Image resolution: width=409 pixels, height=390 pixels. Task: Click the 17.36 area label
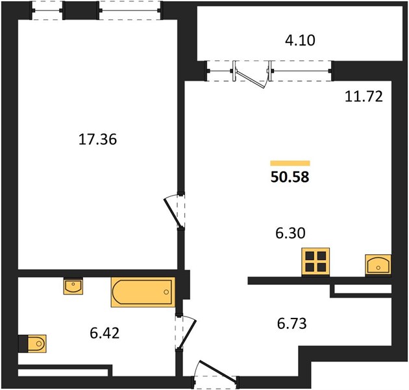pos(97,139)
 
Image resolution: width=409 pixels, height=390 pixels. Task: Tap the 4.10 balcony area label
pos(300,40)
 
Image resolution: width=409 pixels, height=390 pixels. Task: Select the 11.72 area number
pos(364,96)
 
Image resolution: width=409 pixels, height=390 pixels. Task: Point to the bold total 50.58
pos(290,177)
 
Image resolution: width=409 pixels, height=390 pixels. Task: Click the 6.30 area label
pos(290,233)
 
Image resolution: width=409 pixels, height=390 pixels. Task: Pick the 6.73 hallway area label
pos(292,324)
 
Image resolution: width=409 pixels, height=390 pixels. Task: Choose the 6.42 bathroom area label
pos(105,333)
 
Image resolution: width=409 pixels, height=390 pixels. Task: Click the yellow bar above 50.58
pos(290,163)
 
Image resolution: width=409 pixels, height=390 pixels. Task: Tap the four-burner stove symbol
pos(316,261)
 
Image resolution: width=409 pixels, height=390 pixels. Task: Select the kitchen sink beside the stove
pos(378,265)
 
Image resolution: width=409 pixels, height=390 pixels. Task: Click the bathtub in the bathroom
pos(143,292)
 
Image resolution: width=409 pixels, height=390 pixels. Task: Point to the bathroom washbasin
pos(73,286)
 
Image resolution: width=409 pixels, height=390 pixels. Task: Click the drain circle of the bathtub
pos(166,292)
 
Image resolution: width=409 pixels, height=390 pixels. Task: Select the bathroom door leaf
pos(187,334)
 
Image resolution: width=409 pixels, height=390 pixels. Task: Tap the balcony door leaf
pos(251,79)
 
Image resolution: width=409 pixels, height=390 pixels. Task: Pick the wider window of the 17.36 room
pos(130,10)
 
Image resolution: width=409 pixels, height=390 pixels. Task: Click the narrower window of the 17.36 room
pos(47,10)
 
